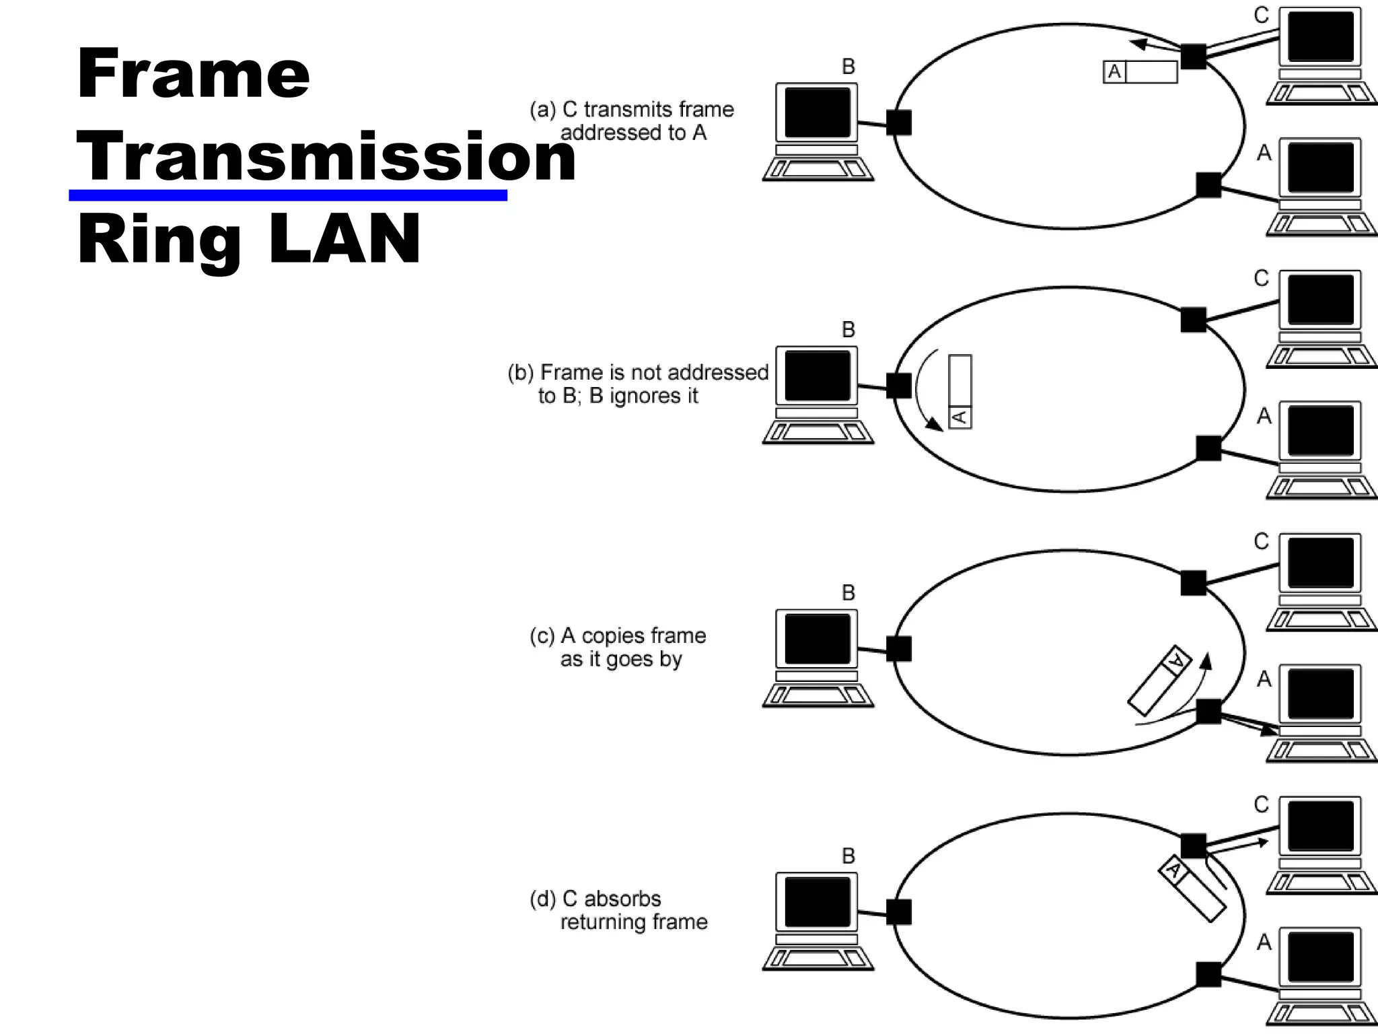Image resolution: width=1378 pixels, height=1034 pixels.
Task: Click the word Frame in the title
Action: (x=193, y=73)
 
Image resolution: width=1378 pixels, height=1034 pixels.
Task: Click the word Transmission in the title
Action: (x=326, y=157)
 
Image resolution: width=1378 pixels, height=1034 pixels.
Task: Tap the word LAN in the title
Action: (x=344, y=239)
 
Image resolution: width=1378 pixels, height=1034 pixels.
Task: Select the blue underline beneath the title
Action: (x=288, y=195)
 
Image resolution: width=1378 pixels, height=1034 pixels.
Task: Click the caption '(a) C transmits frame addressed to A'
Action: (x=631, y=121)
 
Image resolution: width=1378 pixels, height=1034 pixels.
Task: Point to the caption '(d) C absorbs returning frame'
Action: (x=618, y=910)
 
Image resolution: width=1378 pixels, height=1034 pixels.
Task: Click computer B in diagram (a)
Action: (x=818, y=132)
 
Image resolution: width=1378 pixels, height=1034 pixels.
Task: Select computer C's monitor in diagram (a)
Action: (x=1320, y=36)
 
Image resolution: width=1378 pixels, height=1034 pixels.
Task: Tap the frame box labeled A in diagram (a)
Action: (x=1140, y=72)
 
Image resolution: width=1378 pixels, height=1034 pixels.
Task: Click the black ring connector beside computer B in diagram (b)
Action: (x=899, y=386)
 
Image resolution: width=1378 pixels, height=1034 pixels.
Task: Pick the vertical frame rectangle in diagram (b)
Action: (x=960, y=391)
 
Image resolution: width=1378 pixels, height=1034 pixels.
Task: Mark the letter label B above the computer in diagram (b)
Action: (x=848, y=329)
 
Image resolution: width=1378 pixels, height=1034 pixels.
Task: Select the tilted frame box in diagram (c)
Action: (x=1159, y=681)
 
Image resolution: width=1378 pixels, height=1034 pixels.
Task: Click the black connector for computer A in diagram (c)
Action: (x=1208, y=712)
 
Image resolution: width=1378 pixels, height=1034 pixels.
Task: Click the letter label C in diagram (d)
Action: (x=1261, y=804)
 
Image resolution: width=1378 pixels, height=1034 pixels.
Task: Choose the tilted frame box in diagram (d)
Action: (x=1192, y=888)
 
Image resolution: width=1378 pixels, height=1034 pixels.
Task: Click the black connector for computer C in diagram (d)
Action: (x=1194, y=846)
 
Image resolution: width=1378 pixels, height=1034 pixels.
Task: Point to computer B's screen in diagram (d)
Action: (x=818, y=901)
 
